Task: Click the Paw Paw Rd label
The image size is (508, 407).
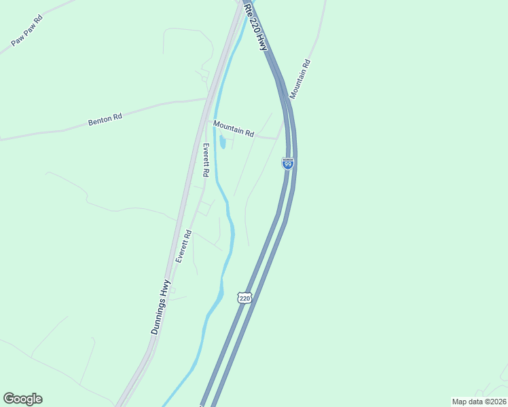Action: click(27, 31)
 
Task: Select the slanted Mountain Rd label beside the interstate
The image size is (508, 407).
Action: click(300, 79)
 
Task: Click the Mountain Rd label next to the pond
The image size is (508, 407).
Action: click(233, 129)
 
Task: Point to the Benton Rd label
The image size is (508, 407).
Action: click(105, 120)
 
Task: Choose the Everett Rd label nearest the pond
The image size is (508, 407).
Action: click(206, 161)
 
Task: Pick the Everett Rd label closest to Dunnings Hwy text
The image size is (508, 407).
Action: click(184, 246)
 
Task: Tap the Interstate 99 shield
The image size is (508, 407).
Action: click(287, 163)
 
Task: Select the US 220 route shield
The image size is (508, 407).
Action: click(244, 298)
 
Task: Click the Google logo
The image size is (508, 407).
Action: click(22, 399)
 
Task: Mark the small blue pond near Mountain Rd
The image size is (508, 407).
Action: click(222, 142)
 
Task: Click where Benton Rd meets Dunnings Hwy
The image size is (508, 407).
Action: click(206, 99)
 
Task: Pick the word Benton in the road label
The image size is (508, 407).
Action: click(99, 121)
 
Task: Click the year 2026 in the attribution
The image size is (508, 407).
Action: click(496, 402)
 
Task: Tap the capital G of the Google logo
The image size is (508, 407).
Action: click(9, 398)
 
